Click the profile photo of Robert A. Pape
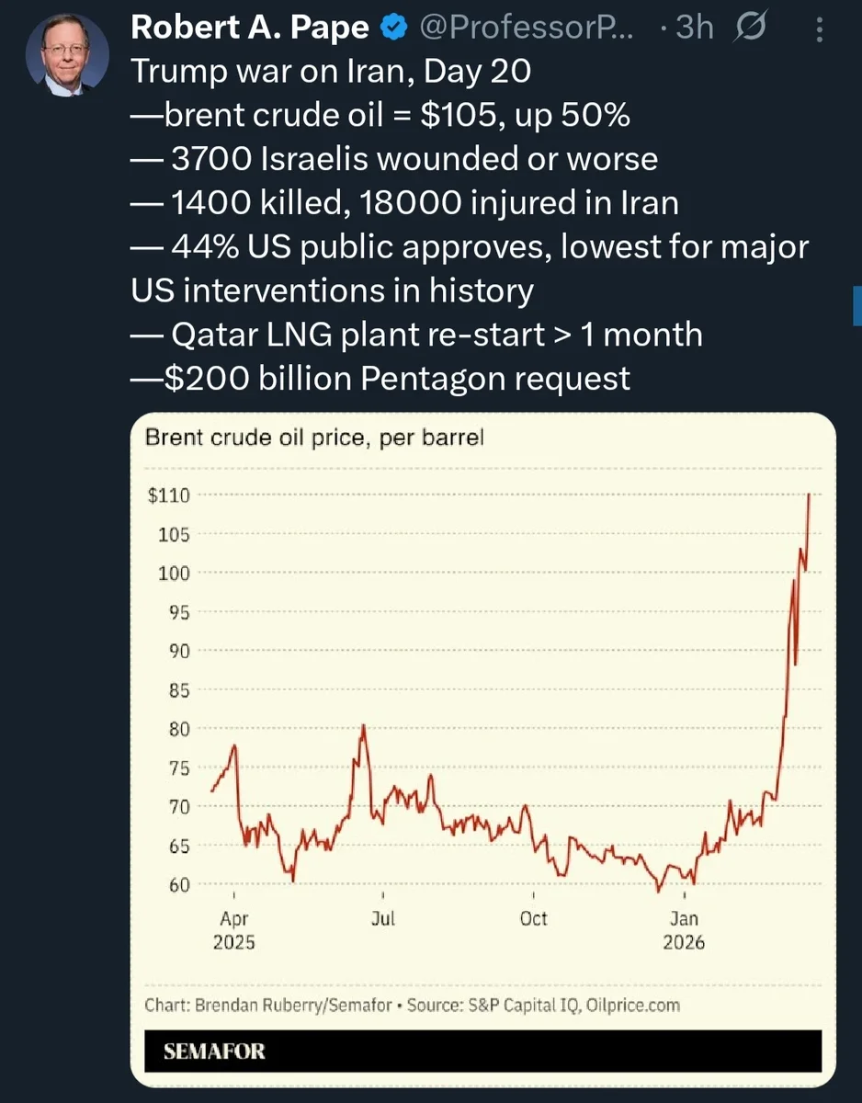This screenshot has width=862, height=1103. [x=67, y=55]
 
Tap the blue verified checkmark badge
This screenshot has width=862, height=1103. [x=393, y=28]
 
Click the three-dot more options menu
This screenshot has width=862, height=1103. [x=820, y=30]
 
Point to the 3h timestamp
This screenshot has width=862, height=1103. [x=694, y=28]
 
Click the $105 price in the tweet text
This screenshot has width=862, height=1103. [x=458, y=115]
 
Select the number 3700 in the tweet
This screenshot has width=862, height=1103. [x=211, y=159]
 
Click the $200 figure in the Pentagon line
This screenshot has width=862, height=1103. [x=207, y=379]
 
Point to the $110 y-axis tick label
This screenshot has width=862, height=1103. [x=168, y=495]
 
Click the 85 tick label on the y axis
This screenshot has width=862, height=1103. [x=179, y=690]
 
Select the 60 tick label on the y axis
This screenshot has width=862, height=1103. [x=179, y=885]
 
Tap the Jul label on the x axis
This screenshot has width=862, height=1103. [x=383, y=919]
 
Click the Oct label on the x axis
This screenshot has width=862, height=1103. [x=533, y=919]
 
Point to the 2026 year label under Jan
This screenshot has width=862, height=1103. [x=684, y=942]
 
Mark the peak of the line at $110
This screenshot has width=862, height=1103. [x=809, y=494]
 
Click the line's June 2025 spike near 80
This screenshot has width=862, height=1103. [x=363, y=726]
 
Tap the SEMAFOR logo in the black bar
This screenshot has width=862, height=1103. [x=214, y=1052]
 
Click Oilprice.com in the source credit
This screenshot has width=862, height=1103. [x=632, y=1005]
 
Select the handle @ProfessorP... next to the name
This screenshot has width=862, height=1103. [x=527, y=28]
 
